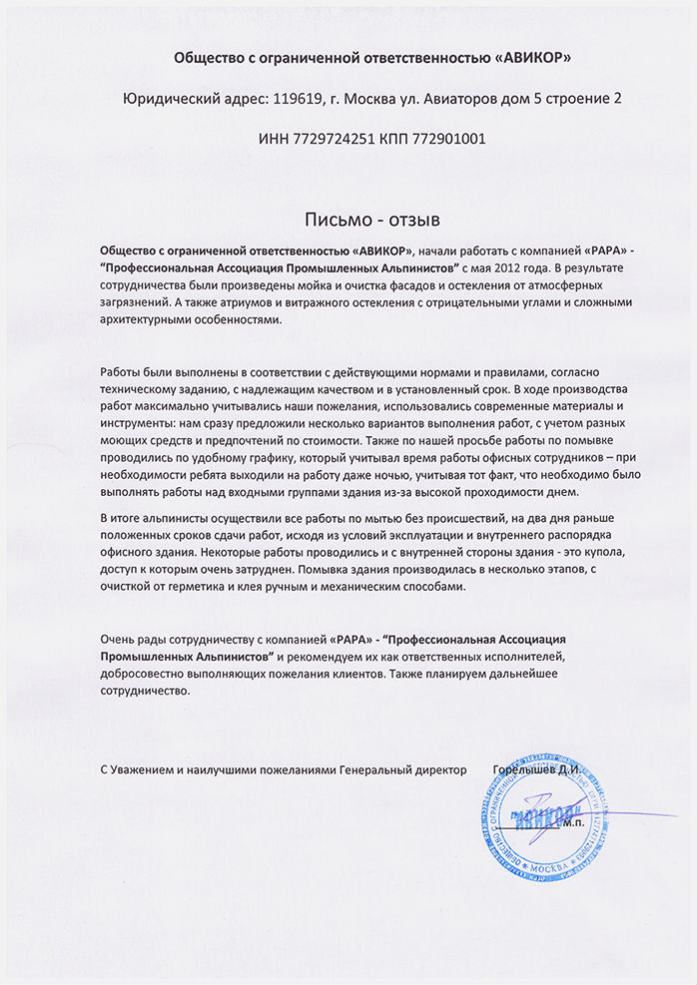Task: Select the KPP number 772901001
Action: [452, 139]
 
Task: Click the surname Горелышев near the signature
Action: [523, 770]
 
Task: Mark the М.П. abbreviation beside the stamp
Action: [576, 824]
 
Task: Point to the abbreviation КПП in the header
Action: [399, 139]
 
